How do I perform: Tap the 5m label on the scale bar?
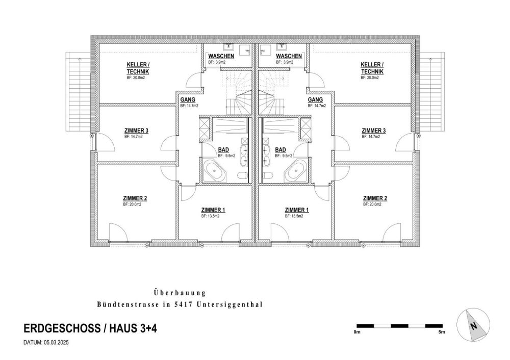pyautogui.click(x=441, y=332)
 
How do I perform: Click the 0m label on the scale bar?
pyautogui.click(x=357, y=332)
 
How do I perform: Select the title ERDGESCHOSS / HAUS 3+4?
pyautogui.click(x=90, y=328)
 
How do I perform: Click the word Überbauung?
pyautogui.click(x=180, y=293)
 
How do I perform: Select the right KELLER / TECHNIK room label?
pyautogui.click(x=372, y=68)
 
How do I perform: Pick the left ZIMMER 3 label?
pyautogui.click(x=136, y=131)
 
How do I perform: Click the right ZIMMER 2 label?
pyautogui.click(x=375, y=198)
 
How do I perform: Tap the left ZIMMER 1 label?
pyautogui.click(x=213, y=210)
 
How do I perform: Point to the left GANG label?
pyautogui.click(x=188, y=99)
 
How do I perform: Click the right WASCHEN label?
pyautogui.click(x=289, y=56)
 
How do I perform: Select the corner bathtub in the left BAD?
pyautogui.click(x=214, y=170)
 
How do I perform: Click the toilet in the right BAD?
pyautogui.click(x=268, y=176)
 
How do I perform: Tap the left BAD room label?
pyautogui.click(x=223, y=150)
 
